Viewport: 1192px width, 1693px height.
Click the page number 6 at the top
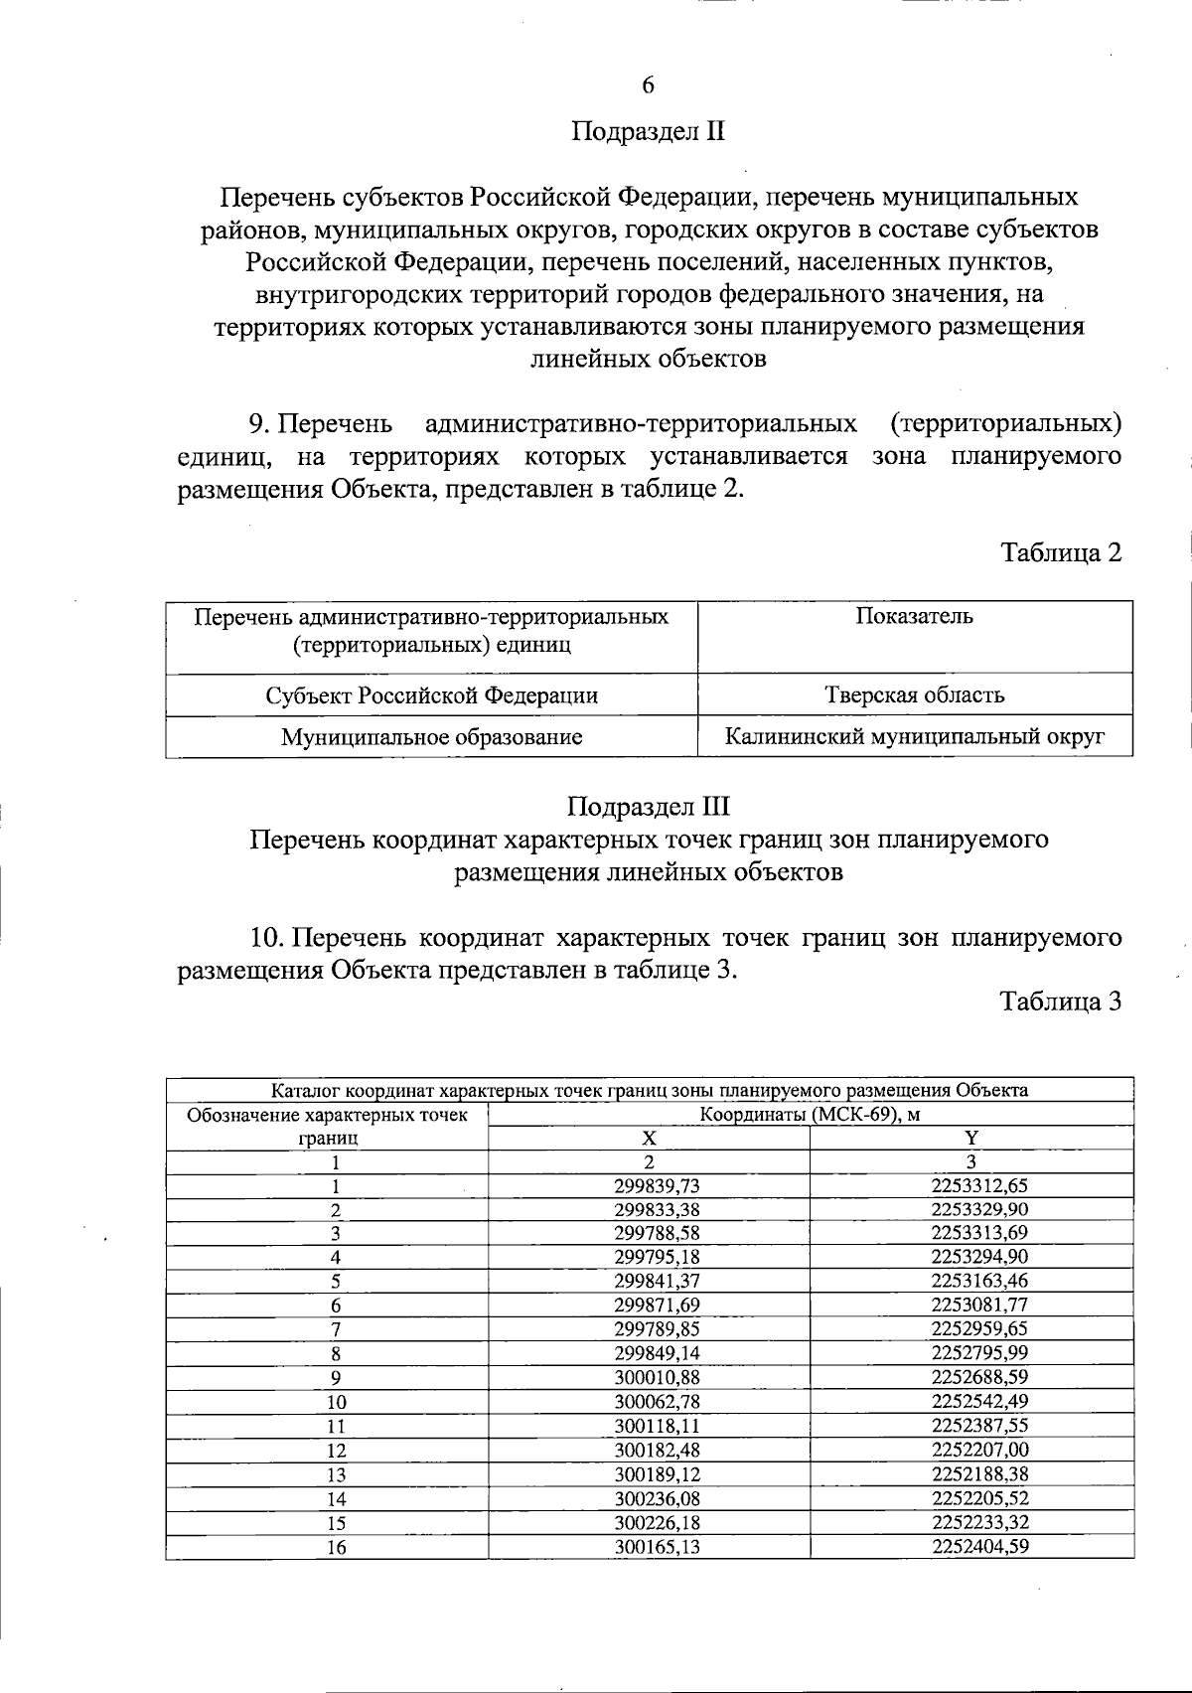pyautogui.click(x=648, y=85)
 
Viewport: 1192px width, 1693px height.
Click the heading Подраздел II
pyautogui.click(x=648, y=132)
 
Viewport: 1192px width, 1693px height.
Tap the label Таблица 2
pyautogui.click(x=1061, y=553)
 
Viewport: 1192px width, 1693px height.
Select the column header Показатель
pyautogui.click(x=914, y=616)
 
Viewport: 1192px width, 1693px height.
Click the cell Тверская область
pyautogui.click(x=914, y=694)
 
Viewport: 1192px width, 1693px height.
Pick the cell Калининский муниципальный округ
pyautogui.click(x=914, y=737)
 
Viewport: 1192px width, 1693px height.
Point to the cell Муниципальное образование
pyautogui.click(x=431, y=737)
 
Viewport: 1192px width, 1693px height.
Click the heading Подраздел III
pyautogui.click(x=649, y=806)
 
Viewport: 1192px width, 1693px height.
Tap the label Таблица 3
pyautogui.click(x=1061, y=1001)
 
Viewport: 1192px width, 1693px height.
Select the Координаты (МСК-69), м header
pyautogui.click(x=811, y=1114)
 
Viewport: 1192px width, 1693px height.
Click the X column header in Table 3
pyautogui.click(x=649, y=1138)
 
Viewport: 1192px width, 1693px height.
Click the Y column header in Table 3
pyautogui.click(x=971, y=1138)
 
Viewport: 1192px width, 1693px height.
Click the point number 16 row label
pyautogui.click(x=337, y=1547)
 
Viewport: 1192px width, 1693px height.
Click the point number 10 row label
pyautogui.click(x=337, y=1402)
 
